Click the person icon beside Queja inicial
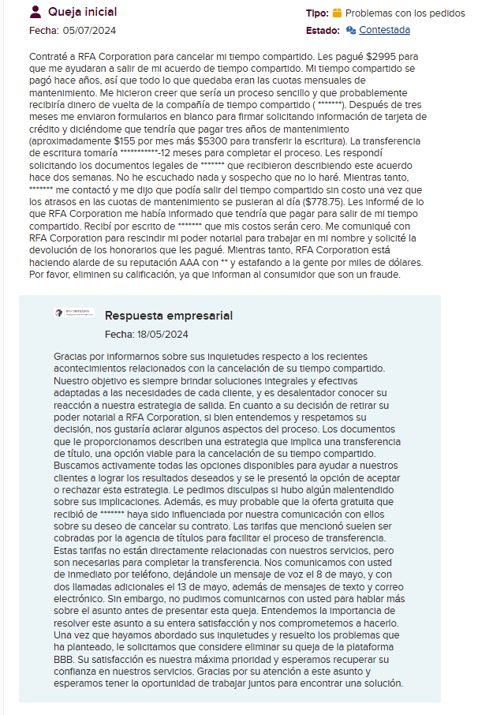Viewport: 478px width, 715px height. [x=35, y=12]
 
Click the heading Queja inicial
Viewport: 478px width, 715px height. [x=82, y=12]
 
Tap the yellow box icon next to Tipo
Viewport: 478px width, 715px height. [x=337, y=13]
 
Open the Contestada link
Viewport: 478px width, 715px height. [x=384, y=30]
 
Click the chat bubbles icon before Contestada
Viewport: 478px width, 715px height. [x=351, y=30]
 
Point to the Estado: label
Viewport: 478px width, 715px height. [x=322, y=30]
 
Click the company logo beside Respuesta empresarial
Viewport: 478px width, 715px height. [x=74, y=313]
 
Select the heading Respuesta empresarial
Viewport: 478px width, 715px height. [x=169, y=315]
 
